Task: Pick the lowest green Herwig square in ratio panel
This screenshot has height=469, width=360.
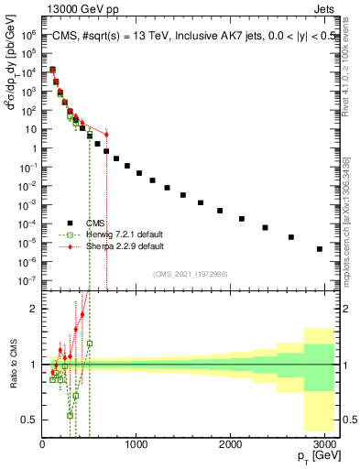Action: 70,415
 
